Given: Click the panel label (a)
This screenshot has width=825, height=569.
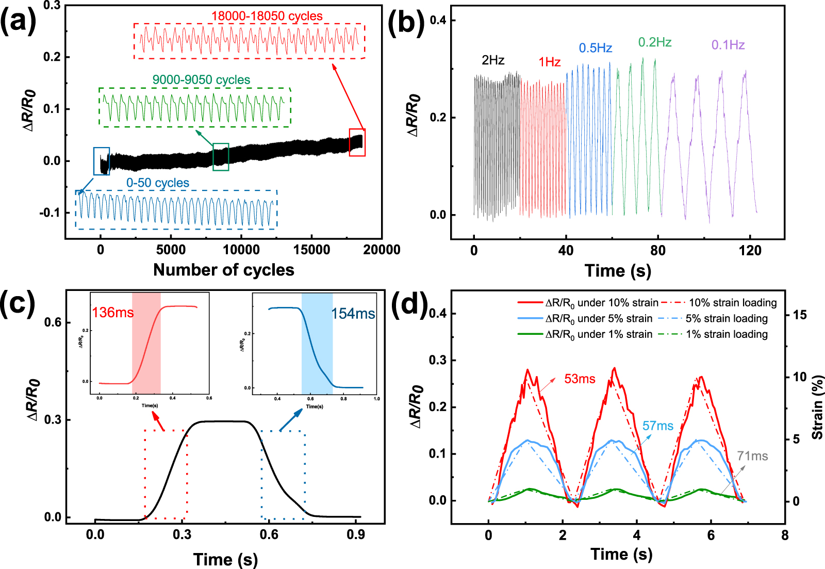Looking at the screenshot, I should (x=18, y=22).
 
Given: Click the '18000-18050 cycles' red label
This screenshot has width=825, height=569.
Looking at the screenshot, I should (x=267, y=16).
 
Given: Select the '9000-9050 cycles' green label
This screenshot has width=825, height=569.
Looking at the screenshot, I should (x=201, y=80).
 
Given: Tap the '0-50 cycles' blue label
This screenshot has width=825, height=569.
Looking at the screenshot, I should (x=158, y=183).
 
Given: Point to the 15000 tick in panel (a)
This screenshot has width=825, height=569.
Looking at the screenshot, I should (x=311, y=250).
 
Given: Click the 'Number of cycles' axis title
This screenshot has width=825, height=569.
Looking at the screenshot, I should (x=224, y=270).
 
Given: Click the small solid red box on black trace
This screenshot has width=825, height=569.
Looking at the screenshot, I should (x=357, y=142).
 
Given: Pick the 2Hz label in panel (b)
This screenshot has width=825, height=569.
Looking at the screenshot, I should (x=492, y=60).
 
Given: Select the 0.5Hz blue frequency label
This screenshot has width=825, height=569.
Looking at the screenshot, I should (x=595, y=48).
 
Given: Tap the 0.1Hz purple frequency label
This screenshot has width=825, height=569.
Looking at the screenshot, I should (x=728, y=45).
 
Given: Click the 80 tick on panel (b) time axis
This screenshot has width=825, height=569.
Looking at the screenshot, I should (x=657, y=251).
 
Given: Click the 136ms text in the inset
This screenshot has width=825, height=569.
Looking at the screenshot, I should (x=112, y=313).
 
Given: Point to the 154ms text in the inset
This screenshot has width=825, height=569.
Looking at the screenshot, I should (x=353, y=314).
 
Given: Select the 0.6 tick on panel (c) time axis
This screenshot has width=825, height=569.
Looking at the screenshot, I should (x=269, y=534).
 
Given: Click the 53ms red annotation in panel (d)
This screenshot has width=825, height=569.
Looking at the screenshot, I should (x=580, y=379).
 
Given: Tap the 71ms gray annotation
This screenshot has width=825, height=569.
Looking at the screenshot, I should (x=752, y=456).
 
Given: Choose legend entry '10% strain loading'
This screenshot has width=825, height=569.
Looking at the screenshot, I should (x=733, y=303).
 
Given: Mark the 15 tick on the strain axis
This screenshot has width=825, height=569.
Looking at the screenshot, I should (x=800, y=315).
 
